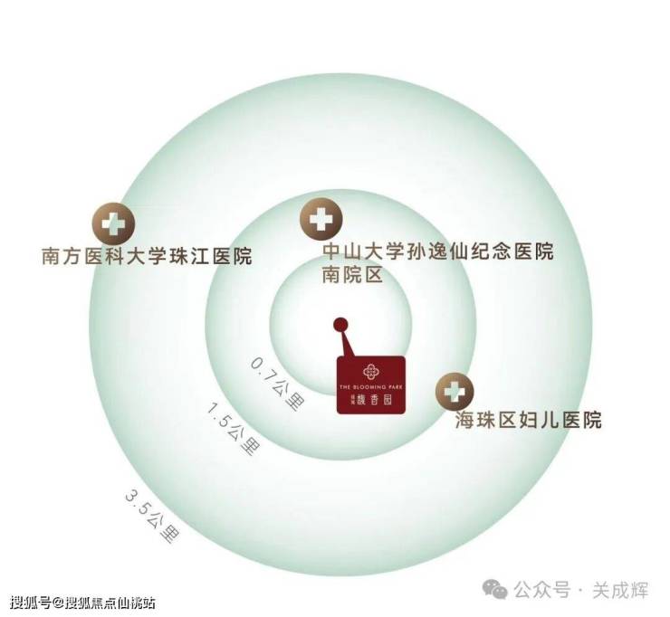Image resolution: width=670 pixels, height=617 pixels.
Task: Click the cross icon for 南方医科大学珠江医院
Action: (113, 222)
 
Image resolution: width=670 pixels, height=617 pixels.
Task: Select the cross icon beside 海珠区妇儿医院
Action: (453, 392)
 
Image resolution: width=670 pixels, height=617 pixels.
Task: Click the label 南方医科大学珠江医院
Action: (147, 256)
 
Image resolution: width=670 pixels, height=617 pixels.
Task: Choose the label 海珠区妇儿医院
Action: (529, 421)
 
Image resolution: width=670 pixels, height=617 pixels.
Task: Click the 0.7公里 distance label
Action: (275, 384)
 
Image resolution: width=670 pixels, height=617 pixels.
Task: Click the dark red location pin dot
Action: (340, 324)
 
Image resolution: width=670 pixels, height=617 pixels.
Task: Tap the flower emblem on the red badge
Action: (371, 371)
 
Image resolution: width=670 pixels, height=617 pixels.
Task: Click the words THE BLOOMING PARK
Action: (371, 386)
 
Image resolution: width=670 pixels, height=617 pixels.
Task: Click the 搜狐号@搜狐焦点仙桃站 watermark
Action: (82, 602)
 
